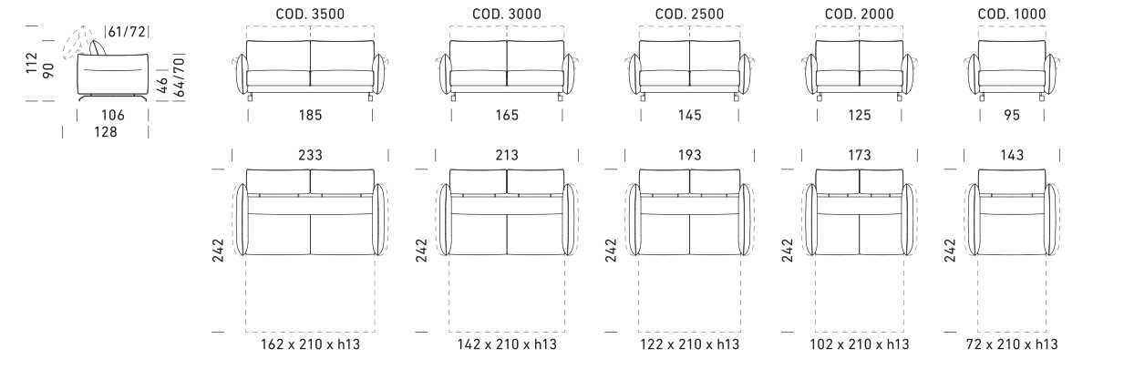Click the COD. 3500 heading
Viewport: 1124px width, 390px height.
pos(310,14)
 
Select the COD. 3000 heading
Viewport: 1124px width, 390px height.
pos(507,14)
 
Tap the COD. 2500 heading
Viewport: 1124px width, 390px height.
pos(689,14)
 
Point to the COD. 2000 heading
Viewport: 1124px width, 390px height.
pos(859,14)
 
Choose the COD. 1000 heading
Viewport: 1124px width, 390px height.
pos(1012,14)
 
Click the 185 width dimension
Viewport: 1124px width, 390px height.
pos(310,116)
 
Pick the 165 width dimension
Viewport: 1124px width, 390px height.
pos(507,116)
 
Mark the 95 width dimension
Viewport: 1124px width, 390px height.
pos(1012,116)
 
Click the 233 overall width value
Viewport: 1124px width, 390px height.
pos(310,156)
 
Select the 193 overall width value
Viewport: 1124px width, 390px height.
pos(689,156)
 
